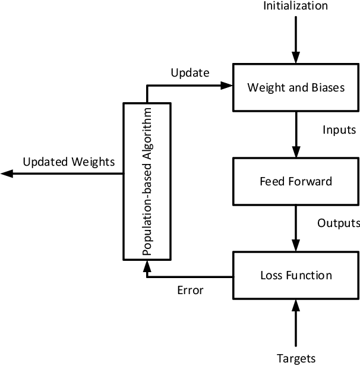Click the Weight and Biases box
coord(295,87)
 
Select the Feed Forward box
coord(295,181)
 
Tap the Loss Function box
coord(295,275)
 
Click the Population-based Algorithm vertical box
coord(147,181)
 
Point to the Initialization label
coord(295,7)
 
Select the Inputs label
coord(339,130)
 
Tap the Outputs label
coord(339,223)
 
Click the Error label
coord(190,291)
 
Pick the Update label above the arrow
coord(190,73)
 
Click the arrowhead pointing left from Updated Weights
coord(6,173)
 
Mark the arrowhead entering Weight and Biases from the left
coord(226,86)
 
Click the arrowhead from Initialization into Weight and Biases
coord(295,58)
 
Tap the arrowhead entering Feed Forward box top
coord(295,152)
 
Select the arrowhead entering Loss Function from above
coord(295,246)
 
